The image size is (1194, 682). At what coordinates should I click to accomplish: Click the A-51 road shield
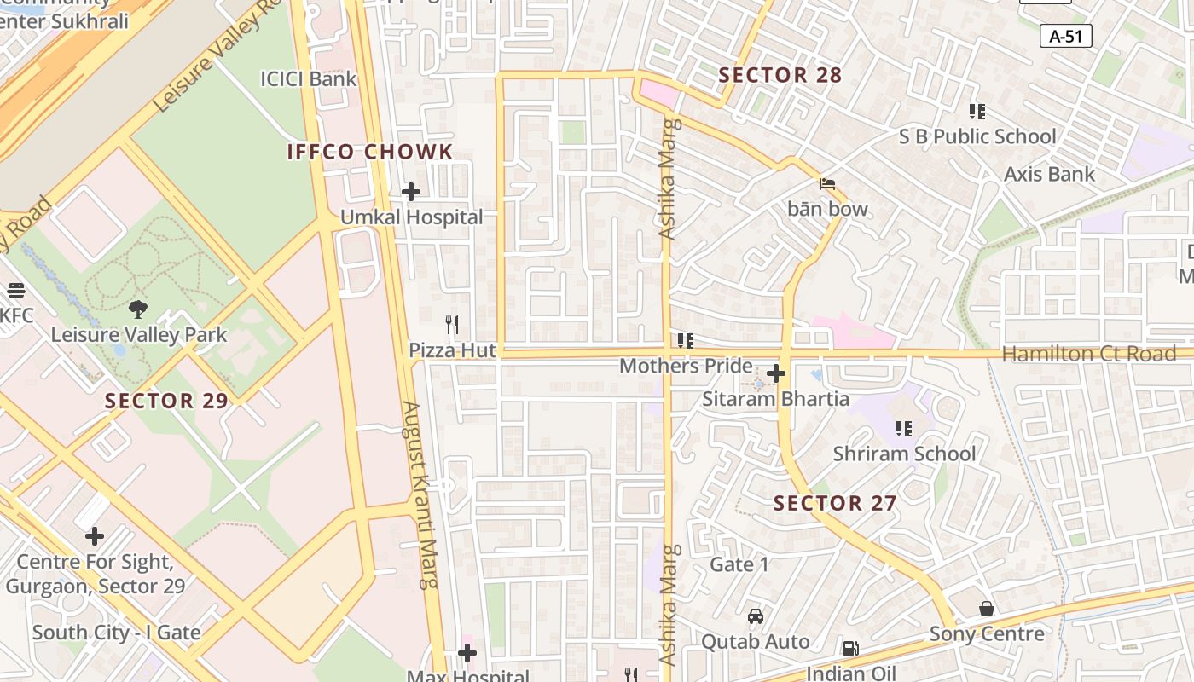(x=1066, y=36)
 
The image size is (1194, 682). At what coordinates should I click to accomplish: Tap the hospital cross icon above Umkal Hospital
(x=411, y=192)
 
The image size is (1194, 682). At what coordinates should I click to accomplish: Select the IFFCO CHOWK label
(x=370, y=153)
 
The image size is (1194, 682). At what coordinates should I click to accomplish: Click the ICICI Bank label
(x=309, y=79)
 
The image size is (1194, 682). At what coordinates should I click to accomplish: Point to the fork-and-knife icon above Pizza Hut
(x=452, y=325)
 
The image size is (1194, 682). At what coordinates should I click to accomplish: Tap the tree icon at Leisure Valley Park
(x=138, y=309)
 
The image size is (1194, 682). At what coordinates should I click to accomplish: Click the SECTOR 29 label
(x=167, y=401)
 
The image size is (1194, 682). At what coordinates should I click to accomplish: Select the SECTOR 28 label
(x=780, y=75)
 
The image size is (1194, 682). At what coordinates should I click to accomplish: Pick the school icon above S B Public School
(x=977, y=111)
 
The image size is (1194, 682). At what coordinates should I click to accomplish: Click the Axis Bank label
(x=1049, y=174)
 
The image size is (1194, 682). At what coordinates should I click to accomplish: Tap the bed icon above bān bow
(x=826, y=183)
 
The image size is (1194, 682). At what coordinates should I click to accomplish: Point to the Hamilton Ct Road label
(x=1089, y=354)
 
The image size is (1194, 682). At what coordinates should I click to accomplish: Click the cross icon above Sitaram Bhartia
(x=776, y=373)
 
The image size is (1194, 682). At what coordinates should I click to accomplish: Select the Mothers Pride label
(x=686, y=367)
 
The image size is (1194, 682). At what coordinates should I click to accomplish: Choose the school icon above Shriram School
(x=904, y=428)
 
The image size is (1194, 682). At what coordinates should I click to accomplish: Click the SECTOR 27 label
(x=835, y=503)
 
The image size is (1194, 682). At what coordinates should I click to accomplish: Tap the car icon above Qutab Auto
(x=755, y=616)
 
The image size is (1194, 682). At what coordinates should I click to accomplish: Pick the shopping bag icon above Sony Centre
(x=987, y=609)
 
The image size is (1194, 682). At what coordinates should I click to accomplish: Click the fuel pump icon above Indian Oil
(x=850, y=649)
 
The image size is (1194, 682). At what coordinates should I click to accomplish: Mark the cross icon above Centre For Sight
(x=95, y=536)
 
